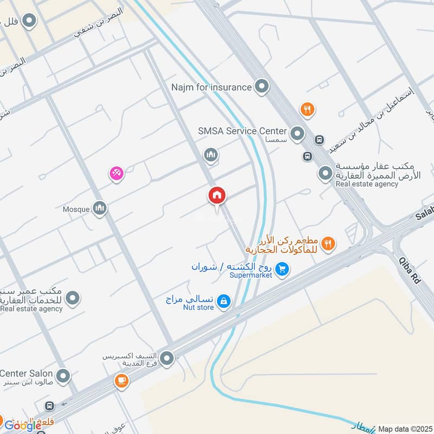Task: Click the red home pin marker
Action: (217, 195)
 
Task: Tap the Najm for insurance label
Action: (211, 87)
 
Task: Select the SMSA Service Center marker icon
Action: (297, 132)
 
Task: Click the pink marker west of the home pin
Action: (116, 174)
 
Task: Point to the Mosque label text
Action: (76, 209)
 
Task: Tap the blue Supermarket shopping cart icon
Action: (282, 268)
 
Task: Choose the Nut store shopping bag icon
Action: (223, 301)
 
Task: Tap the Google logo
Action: (23, 426)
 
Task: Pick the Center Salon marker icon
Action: (63, 375)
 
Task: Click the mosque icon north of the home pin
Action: (211, 156)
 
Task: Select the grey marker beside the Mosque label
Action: (99, 208)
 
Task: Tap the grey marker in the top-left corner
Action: (30, 22)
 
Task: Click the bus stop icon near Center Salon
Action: (49, 405)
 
